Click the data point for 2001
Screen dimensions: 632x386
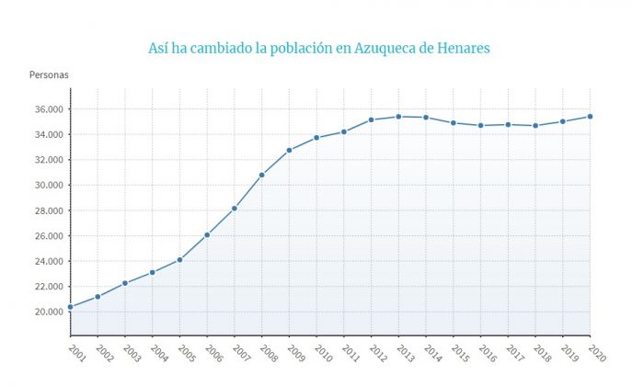point(71,307)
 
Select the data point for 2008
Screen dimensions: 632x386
point(262,176)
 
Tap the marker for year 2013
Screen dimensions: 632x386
point(398,117)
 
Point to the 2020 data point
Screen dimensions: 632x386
point(590,117)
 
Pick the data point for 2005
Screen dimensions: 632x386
point(179,260)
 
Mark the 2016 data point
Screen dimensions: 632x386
point(481,126)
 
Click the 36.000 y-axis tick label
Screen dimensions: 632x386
point(49,109)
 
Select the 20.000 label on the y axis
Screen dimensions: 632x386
point(49,312)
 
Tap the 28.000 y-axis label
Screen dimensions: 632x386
point(49,210)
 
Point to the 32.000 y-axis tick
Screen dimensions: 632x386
point(49,160)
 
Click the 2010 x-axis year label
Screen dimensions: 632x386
point(323,354)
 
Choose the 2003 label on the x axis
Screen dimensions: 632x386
point(132,354)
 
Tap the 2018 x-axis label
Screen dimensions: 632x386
point(542,354)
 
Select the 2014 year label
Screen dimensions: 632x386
point(432,354)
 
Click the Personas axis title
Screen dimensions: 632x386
point(49,74)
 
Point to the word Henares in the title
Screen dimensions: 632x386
point(464,48)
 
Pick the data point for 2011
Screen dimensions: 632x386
point(344,132)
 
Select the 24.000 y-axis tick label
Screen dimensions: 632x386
point(49,261)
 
